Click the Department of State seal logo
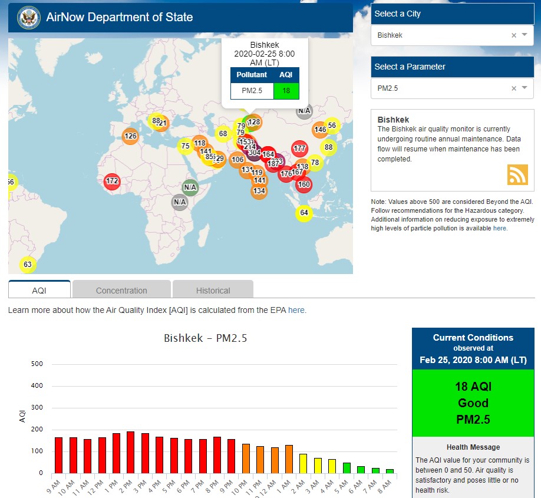click(28, 18)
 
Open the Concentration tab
click(121, 290)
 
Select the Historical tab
click(213, 290)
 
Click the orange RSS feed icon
click(517, 175)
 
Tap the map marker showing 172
click(112, 182)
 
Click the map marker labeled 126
click(130, 136)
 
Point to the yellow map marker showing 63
click(28, 264)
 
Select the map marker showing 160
click(304, 184)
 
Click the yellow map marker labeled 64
click(304, 213)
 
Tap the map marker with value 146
click(320, 130)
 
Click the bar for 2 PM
click(130, 453)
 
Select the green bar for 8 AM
click(390, 471)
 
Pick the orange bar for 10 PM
click(246, 459)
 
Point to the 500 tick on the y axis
click(37, 364)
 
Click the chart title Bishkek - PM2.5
click(205, 338)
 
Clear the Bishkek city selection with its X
click(513, 35)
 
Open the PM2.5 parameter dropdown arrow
click(524, 88)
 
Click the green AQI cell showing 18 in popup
click(286, 91)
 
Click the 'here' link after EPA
click(296, 310)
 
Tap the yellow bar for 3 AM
click(318, 466)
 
